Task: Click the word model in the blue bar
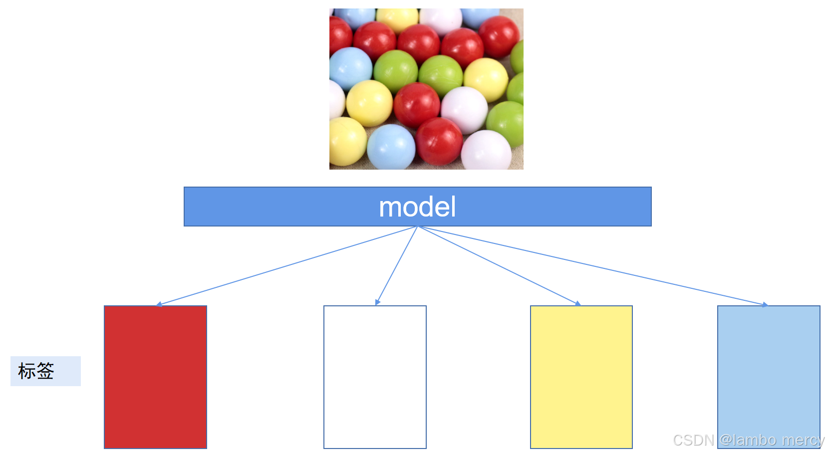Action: tap(417, 207)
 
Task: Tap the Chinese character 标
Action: tap(26, 371)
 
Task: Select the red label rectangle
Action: tap(155, 377)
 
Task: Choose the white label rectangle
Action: tap(375, 377)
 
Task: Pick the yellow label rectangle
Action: tap(581, 377)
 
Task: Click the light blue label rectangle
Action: tap(768, 369)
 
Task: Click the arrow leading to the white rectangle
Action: tap(396, 265)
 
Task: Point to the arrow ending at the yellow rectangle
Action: tap(499, 265)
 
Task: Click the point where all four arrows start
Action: tap(418, 227)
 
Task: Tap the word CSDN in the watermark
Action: tap(693, 440)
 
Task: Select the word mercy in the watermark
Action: tap(803, 440)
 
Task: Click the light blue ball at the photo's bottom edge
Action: tap(391, 148)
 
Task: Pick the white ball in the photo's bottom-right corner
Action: tap(486, 151)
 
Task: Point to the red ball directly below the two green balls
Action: tap(417, 105)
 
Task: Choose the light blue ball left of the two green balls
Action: tap(350, 68)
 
